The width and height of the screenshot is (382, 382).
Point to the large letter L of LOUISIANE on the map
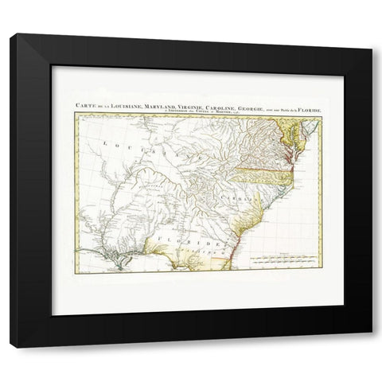pyautogui.click(x=106, y=143)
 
